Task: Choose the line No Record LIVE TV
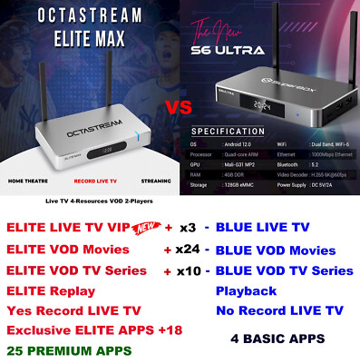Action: [279, 310]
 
